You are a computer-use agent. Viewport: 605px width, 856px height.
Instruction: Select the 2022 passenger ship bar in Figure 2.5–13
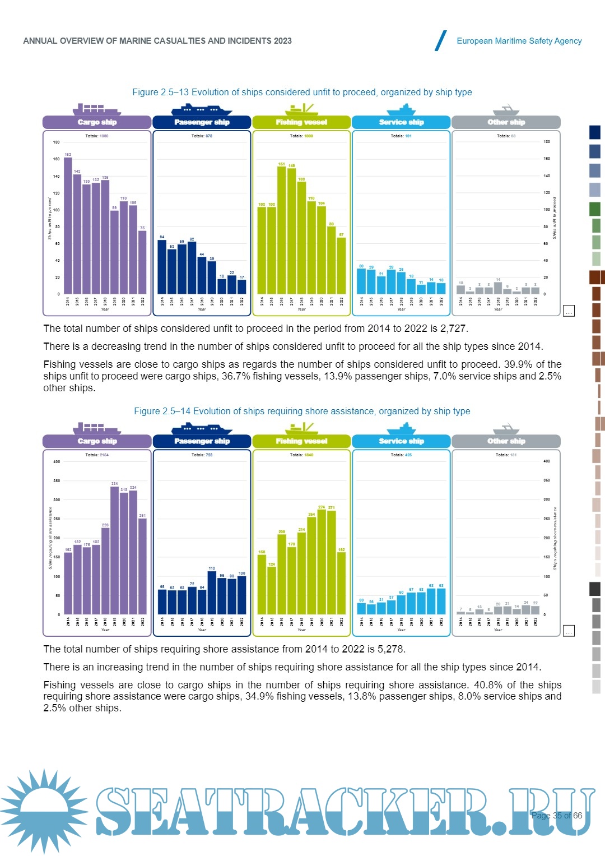click(x=242, y=286)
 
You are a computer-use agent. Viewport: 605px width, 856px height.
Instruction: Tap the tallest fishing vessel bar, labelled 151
click(x=282, y=230)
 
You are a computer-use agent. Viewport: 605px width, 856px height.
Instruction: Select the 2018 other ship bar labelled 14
click(x=498, y=288)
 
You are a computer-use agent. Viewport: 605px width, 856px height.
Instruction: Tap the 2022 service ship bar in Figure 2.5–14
click(x=441, y=601)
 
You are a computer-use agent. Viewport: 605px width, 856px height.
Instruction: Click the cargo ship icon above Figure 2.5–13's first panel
click(x=96, y=109)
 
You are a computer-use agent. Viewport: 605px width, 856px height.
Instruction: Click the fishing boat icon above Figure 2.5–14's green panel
click(x=301, y=428)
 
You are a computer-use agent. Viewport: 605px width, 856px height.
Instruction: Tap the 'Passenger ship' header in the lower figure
click(x=202, y=441)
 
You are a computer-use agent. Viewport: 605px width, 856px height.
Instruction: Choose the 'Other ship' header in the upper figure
click(x=506, y=122)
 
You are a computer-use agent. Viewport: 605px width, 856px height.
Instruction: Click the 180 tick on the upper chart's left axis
click(x=57, y=142)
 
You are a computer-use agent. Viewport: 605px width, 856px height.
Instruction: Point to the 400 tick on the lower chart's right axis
click(x=547, y=461)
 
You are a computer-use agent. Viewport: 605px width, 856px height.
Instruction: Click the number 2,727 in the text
click(x=454, y=328)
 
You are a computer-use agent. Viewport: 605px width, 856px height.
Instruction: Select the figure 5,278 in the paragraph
click(x=390, y=649)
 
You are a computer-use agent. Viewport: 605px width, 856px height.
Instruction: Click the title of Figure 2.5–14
click(x=302, y=411)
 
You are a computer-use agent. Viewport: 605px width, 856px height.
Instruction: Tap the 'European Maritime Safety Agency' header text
click(x=519, y=41)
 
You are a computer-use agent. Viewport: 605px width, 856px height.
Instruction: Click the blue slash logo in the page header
click(x=441, y=41)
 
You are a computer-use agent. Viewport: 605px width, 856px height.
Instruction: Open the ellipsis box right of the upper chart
click(x=569, y=311)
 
